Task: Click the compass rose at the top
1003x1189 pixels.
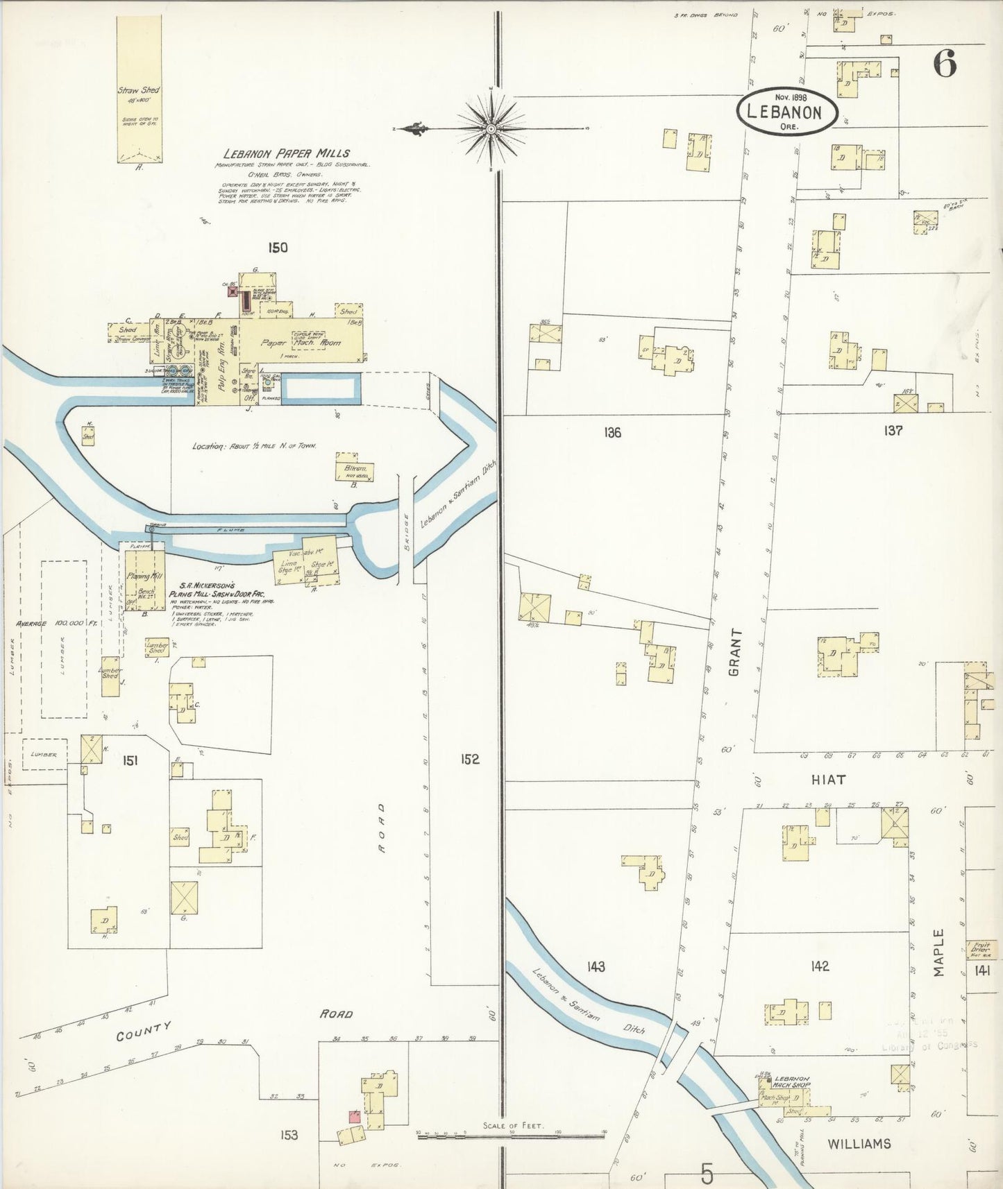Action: coord(491,129)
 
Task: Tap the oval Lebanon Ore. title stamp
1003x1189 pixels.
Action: coord(787,112)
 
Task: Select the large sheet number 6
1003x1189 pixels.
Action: coord(945,65)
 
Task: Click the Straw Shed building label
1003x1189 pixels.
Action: coord(138,90)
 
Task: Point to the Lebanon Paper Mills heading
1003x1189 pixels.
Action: coord(287,153)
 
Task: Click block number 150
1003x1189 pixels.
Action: coord(277,248)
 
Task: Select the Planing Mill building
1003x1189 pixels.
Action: coord(144,576)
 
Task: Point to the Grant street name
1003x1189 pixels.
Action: coord(736,652)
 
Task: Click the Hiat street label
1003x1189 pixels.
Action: coord(828,780)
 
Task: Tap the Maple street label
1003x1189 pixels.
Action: coord(938,953)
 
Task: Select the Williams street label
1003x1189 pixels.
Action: coord(859,1144)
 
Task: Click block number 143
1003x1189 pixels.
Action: coord(596,966)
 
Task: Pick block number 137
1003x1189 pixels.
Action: coord(893,431)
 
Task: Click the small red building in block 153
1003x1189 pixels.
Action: coord(354,1116)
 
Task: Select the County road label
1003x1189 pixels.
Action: coord(144,1032)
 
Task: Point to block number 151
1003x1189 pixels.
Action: coord(130,761)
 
